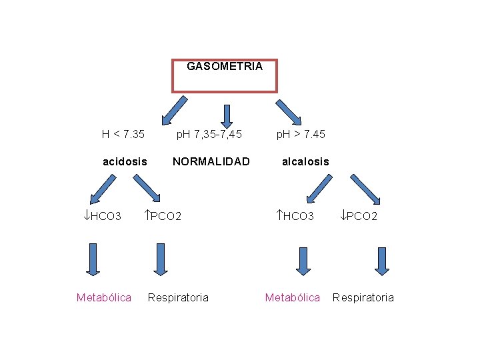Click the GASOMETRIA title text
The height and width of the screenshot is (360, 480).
224,67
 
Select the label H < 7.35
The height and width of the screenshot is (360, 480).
123,134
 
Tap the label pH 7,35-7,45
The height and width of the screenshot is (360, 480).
209,134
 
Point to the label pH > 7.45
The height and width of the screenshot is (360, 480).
301,134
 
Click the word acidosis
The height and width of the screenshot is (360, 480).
125,161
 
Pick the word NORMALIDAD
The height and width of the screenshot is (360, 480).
211,161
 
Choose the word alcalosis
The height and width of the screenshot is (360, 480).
305,161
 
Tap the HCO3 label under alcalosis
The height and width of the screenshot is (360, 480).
295,216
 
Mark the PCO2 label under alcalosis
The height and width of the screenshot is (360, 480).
359,216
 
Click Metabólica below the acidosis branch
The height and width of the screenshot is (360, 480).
104,297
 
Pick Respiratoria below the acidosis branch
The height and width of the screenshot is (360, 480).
178,297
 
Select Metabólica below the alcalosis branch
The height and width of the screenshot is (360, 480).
293,297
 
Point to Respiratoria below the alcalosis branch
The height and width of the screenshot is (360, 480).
363,297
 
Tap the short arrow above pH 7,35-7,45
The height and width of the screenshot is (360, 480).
227,115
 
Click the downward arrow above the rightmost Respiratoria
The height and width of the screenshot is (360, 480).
381,261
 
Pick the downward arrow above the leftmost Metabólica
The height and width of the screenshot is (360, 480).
93,259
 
